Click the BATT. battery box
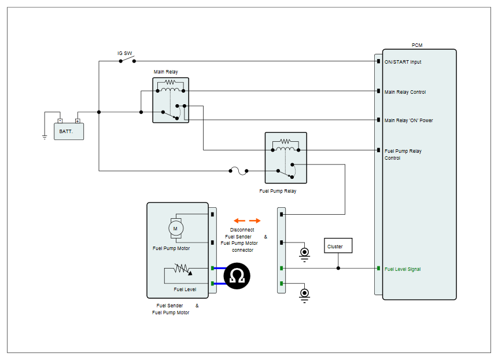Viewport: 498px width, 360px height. (69, 131)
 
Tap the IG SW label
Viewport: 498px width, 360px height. (125, 53)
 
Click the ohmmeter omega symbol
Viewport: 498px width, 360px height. (237, 276)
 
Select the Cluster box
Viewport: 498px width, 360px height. (338, 245)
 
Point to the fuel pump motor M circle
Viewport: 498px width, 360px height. (176, 228)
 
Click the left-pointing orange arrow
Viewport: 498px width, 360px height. (239, 221)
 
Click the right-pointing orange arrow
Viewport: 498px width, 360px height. (255, 221)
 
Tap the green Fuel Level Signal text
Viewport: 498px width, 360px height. (403, 269)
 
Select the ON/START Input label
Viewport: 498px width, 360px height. (403, 62)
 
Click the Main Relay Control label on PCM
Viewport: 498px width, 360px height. (405, 92)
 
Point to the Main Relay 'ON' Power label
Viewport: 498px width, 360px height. (408, 120)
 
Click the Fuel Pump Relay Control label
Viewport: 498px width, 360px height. (403, 155)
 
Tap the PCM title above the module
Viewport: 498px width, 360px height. (417, 45)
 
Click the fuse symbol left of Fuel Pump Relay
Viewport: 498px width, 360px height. (238, 171)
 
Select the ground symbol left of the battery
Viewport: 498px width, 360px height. (45, 137)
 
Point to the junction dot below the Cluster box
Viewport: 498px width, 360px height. (338, 268)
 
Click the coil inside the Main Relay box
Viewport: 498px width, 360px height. (170, 90)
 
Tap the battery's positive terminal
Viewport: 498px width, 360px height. (78, 121)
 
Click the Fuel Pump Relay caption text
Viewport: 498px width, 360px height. (278, 191)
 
